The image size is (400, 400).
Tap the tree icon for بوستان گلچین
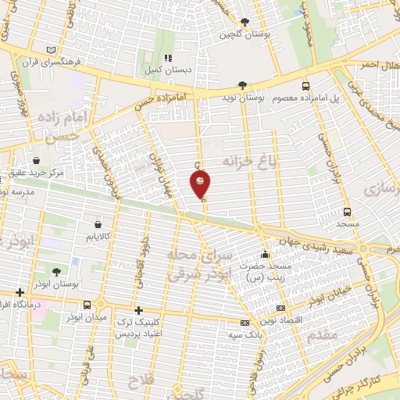[x=245, y=22]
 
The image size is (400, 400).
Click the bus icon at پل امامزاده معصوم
[x=305, y=86]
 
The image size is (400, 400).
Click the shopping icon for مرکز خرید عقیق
[x=36, y=160]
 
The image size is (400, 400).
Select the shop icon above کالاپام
[x=91, y=223]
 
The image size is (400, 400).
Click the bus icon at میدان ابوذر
[x=87, y=305]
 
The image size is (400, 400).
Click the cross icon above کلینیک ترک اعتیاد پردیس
[x=138, y=310]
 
